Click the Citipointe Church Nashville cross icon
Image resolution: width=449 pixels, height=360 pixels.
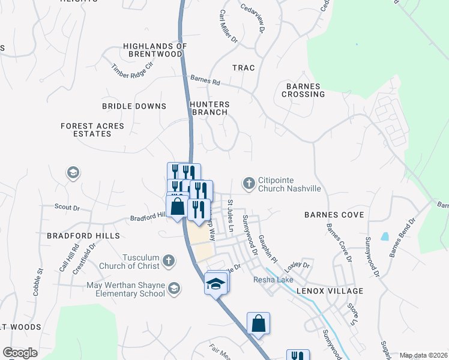tap(249, 182)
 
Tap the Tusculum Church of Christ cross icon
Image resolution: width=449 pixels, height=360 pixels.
tap(169, 261)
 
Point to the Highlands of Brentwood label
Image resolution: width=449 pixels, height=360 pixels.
tap(152, 50)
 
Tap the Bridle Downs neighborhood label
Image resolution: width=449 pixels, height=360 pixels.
tap(134, 106)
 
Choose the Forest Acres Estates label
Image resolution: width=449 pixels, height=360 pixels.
tap(92, 130)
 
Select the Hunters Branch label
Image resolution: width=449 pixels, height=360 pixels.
tap(209, 108)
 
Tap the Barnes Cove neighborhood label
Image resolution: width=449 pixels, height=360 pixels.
tap(334, 214)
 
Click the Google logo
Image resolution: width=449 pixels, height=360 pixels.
tap(20, 353)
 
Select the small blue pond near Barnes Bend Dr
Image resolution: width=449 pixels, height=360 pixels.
tap(384, 236)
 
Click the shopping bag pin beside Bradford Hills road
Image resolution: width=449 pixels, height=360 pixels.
tap(177, 207)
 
